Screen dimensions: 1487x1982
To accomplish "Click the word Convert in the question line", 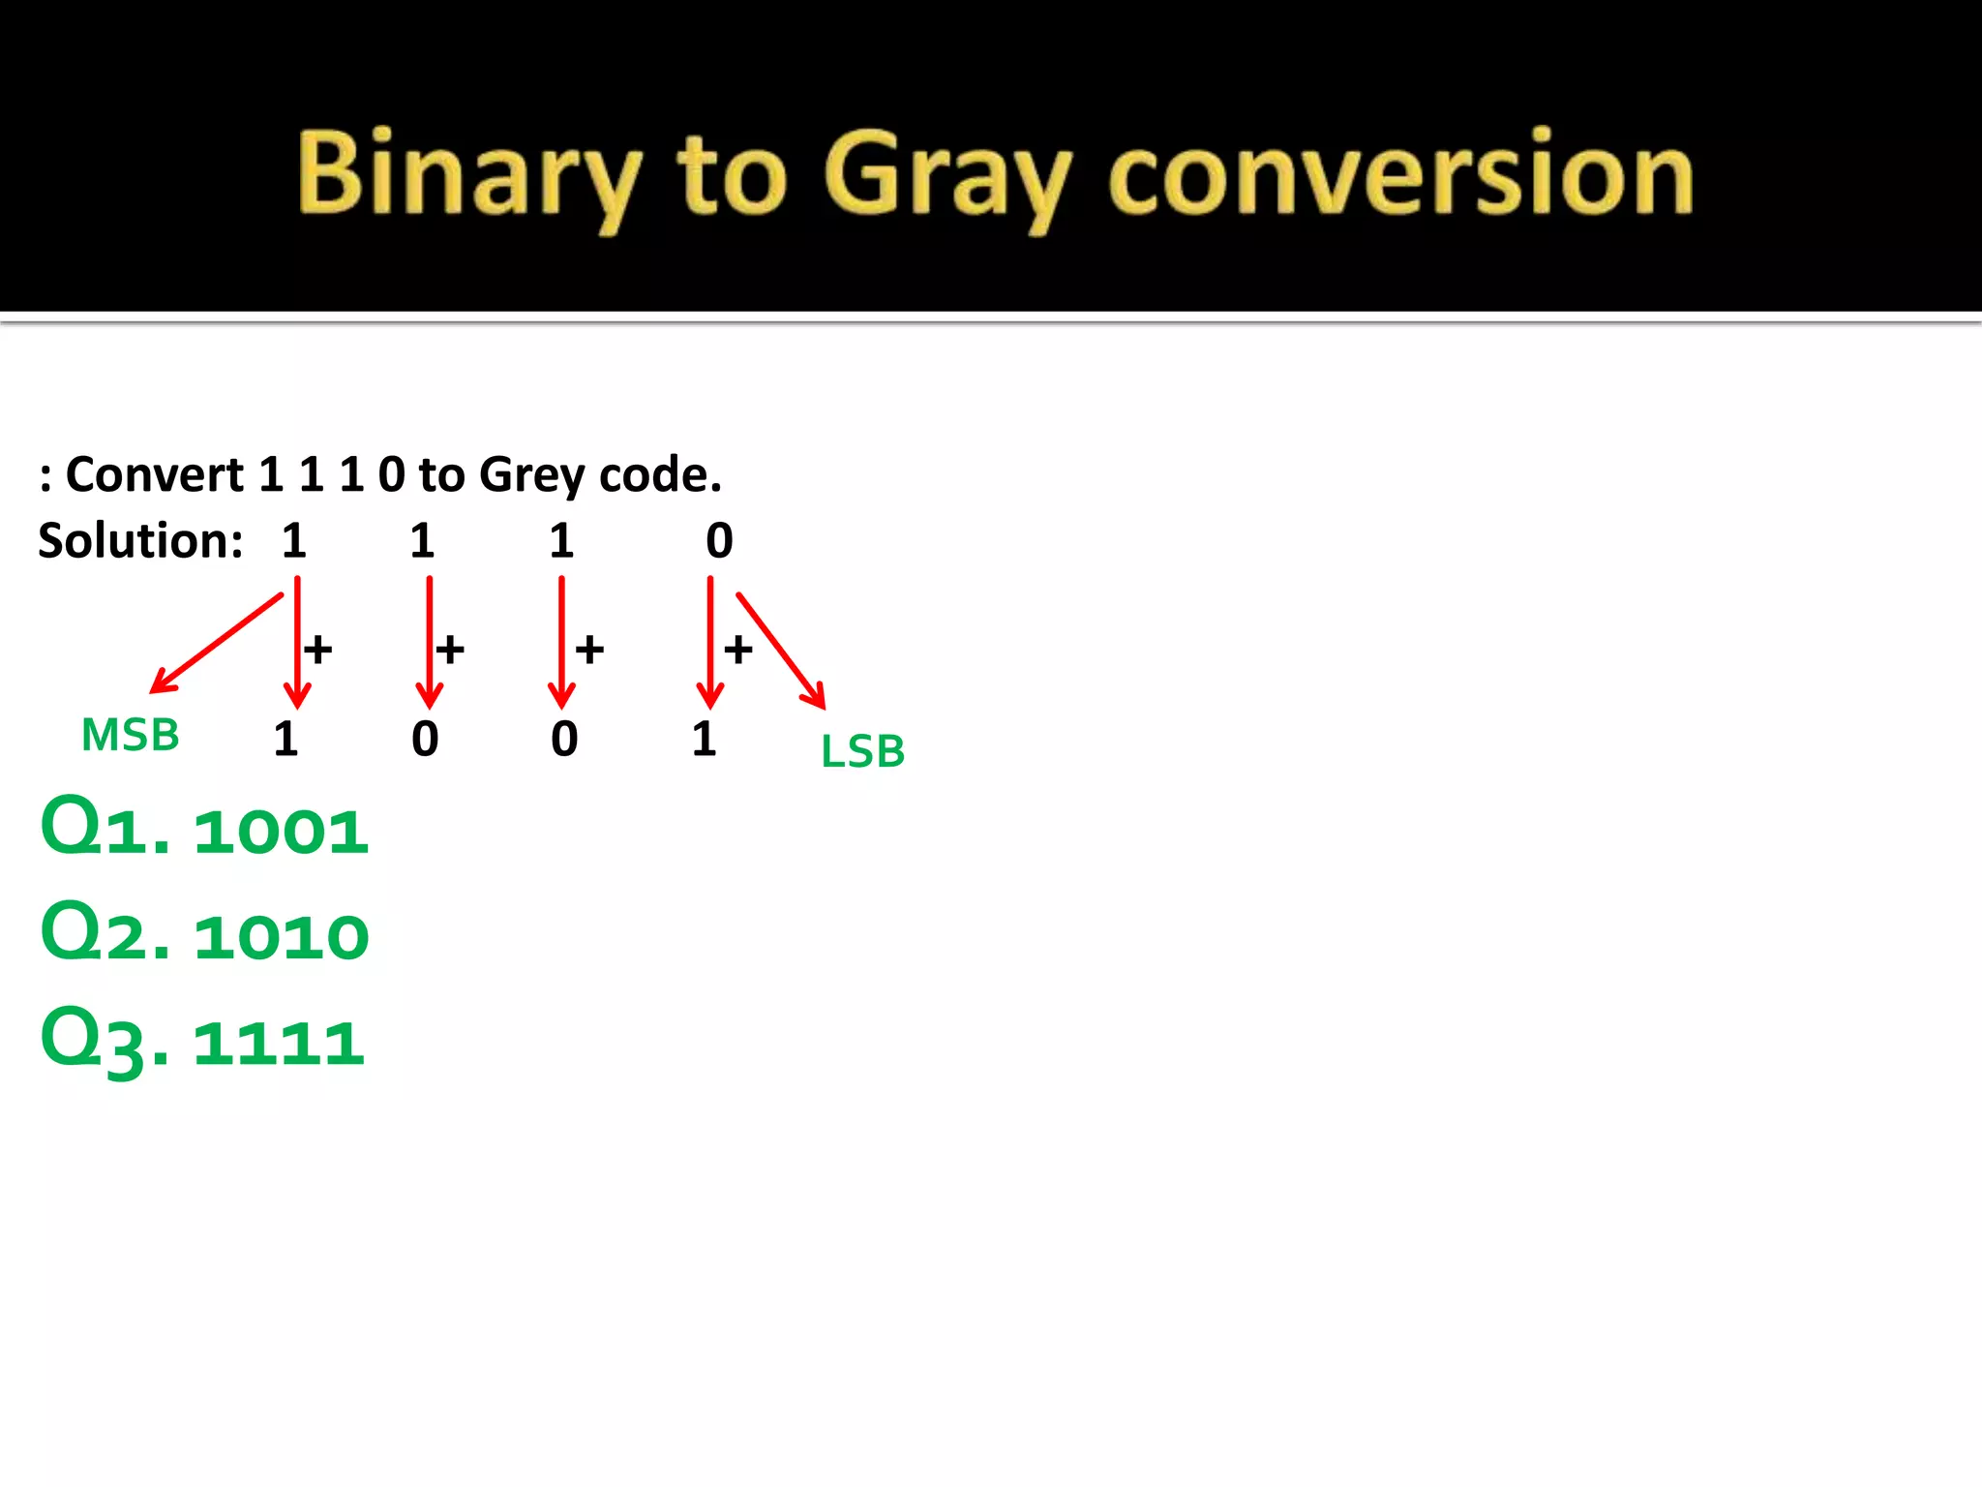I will [x=155, y=474].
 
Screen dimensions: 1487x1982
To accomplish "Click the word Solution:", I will [x=140, y=540].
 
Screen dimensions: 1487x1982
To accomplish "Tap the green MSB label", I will [x=131, y=735].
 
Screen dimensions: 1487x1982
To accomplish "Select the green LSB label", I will [x=862, y=751].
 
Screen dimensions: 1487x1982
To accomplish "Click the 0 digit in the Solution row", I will [x=719, y=540].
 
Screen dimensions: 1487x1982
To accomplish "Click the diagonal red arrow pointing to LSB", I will [x=780, y=651].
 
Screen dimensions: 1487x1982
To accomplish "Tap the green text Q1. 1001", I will [x=204, y=828].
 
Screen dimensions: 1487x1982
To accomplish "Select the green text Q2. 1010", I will [x=204, y=933].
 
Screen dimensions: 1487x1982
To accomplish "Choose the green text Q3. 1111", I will [x=202, y=1040].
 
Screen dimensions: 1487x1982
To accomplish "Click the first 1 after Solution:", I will [x=294, y=540].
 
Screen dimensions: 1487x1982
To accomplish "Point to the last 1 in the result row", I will [x=705, y=740].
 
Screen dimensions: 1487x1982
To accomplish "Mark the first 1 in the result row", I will [x=285, y=740].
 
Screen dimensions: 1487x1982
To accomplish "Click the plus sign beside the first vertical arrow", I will [x=318, y=649].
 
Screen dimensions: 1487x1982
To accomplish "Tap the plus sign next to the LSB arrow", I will [x=738, y=650].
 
